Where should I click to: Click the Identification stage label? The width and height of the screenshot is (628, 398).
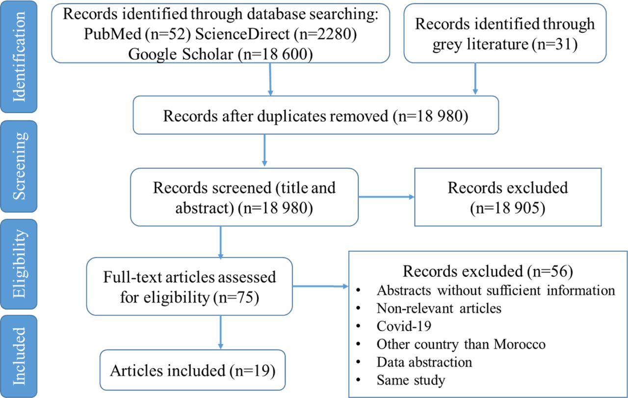pos(19,56)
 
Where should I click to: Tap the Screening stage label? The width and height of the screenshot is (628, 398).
pos(19,166)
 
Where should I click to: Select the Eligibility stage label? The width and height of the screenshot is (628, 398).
pos(19,264)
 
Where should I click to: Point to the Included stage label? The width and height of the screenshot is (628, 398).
pos(19,356)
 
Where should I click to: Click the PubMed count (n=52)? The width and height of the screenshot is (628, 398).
pos(168,34)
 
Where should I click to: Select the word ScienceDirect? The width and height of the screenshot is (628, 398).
pos(242,34)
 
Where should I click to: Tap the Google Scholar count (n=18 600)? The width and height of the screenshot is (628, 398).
pos(275,54)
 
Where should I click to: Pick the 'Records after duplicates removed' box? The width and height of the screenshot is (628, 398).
pos(315,115)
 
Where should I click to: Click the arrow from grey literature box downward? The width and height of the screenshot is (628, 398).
pos(475,79)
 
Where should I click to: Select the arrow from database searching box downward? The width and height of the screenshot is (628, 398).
pos(270,79)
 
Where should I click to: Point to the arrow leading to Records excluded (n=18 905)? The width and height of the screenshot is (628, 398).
pos(386,197)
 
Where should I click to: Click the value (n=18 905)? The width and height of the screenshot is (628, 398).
pos(508,208)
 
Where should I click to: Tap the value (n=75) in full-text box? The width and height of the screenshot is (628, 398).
pos(236,297)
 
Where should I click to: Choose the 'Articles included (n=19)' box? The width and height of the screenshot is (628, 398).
pos(193,370)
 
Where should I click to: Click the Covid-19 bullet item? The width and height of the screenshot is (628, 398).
pos(404,326)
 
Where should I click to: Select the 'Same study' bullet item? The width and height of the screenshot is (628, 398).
pos(411,380)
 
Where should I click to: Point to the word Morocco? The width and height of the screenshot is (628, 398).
pos(520,344)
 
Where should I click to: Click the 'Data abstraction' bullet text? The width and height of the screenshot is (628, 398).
pos(424,362)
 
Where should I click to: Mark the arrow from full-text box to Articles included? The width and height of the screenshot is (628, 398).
pos(221,332)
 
